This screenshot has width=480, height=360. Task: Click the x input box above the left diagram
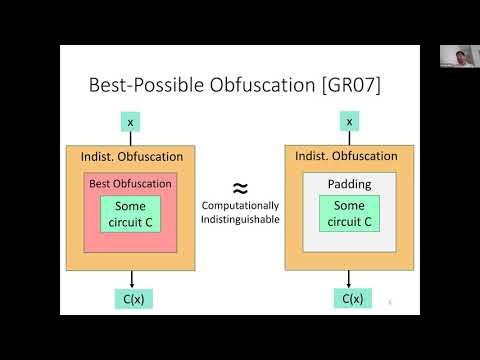130,122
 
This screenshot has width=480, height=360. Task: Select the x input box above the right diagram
349,122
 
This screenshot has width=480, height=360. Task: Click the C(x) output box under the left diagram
132,298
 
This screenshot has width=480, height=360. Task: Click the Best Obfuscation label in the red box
130,184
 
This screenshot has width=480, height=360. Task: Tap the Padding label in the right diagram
349,184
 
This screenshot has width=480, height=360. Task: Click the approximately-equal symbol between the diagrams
240,187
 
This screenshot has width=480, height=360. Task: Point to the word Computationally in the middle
239,208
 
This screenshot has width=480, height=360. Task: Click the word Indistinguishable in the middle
239,220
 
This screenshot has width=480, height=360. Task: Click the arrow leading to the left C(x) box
132,279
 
